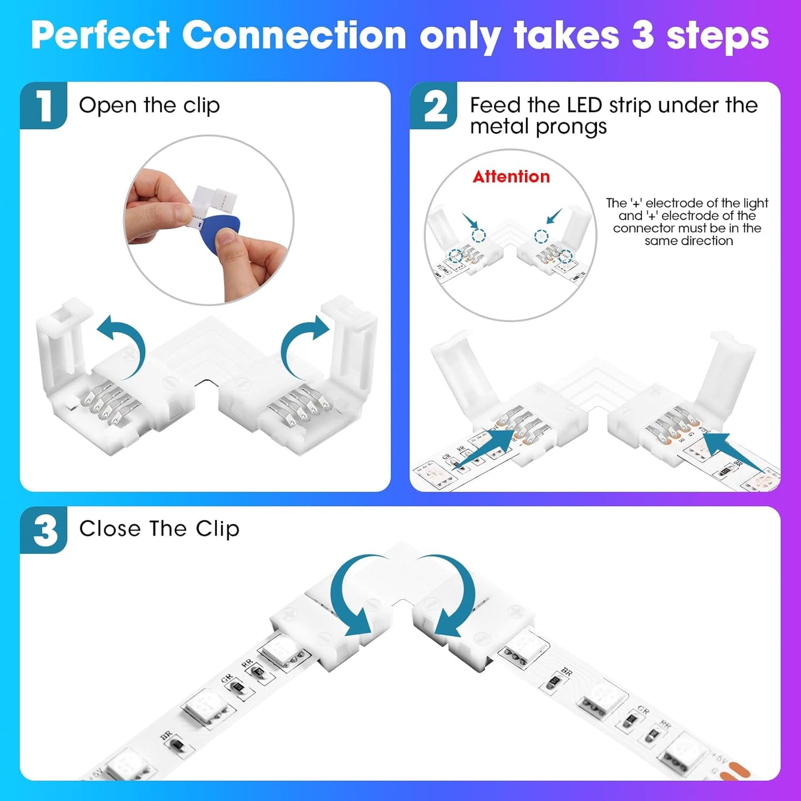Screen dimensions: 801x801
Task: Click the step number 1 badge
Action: tap(43, 105)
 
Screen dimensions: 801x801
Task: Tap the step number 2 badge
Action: tap(434, 105)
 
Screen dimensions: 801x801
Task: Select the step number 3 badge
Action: tap(44, 530)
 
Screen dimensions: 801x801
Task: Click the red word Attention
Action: tap(511, 177)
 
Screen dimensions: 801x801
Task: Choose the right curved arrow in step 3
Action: tap(452, 596)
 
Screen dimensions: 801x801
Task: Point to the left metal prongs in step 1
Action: tap(105, 407)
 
